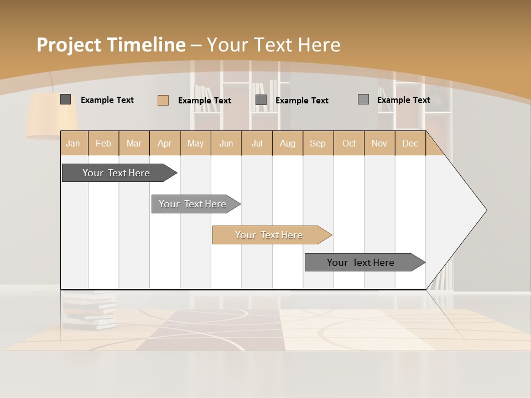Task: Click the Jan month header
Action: click(74, 143)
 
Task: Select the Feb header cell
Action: click(103, 143)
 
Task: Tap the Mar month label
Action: click(134, 143)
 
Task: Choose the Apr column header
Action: click(165, 143)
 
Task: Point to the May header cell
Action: click(195, 143)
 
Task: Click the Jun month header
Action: click(226, 143)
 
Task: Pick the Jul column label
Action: click(257, 143)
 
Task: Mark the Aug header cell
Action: click(288, 143)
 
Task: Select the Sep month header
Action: click(318, 143)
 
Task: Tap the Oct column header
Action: click(349, 143)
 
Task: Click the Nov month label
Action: click(379, 143)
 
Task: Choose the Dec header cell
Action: click(410, 143)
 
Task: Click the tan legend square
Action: click(163, 100)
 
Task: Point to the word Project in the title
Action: click(69, 45)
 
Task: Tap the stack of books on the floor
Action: click(88, 310)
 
